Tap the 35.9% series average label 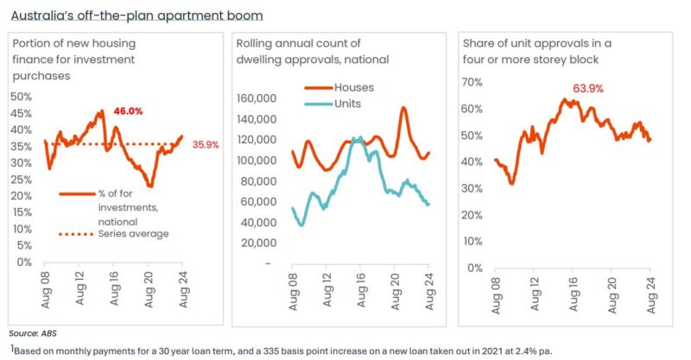203,144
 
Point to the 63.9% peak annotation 587,89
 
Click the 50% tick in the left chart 21,97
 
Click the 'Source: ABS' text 31,332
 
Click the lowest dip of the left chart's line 150,186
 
